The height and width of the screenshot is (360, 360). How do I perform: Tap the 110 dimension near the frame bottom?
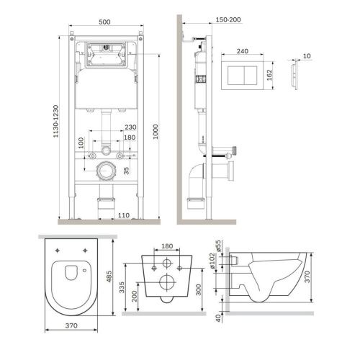[124, 215]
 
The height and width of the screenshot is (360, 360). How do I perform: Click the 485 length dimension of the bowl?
[122, 275]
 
